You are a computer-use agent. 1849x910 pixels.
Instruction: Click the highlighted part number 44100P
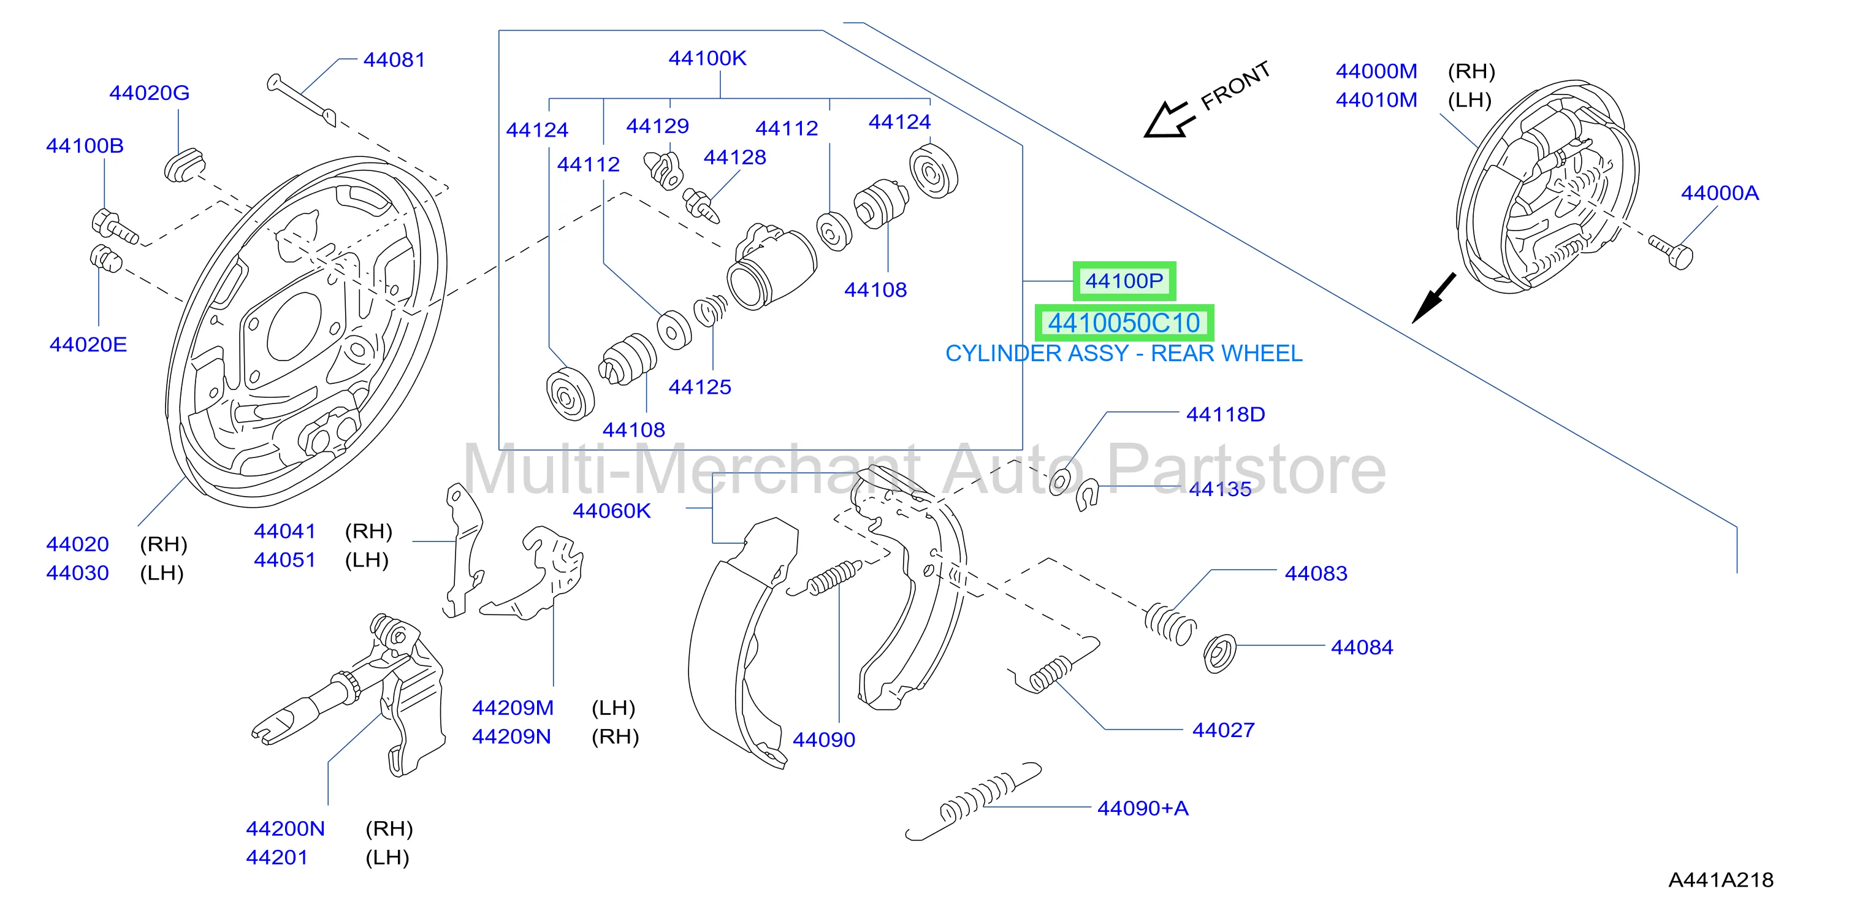tap(1124, 281)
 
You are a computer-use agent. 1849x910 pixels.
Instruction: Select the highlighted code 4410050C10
tap(1124, 323)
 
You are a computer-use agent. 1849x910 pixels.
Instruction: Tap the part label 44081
tap(394, 59)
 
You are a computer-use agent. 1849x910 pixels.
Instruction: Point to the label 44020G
tap(150, 93)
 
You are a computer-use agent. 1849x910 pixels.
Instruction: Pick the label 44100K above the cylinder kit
tap(707, 58)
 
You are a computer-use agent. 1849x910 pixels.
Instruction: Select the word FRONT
tap(1236, 85)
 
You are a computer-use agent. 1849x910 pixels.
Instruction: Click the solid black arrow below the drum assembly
tap(1433, 298)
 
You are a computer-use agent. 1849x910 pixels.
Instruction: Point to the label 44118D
tap(1226, 414)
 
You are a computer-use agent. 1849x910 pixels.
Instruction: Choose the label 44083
tap(1316, 573)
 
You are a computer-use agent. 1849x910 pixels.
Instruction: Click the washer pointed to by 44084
tap(1220, 654)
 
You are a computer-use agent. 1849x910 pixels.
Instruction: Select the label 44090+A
tap(1143, 808)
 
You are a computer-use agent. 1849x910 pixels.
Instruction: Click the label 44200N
tap(285, 828)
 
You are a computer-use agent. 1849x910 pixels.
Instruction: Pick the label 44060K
tap(612, 511)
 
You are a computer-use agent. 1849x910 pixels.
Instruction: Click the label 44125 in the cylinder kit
tap(700, 387)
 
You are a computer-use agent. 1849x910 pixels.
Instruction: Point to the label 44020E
tap(88, 345)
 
